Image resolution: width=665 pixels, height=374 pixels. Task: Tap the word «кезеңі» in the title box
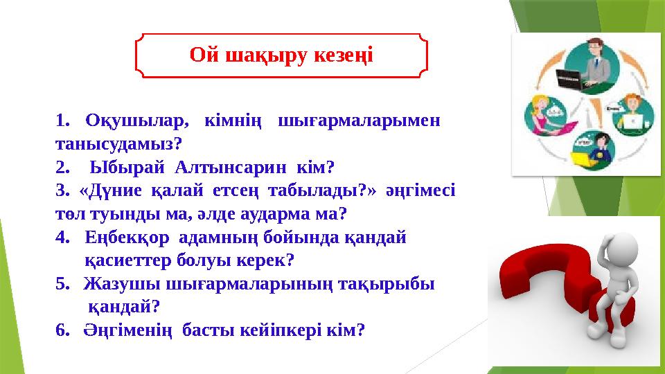coord(342,55)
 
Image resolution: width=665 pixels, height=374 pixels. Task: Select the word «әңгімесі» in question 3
coord(424,190)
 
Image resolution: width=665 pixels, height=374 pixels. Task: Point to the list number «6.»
coord(63,330)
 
